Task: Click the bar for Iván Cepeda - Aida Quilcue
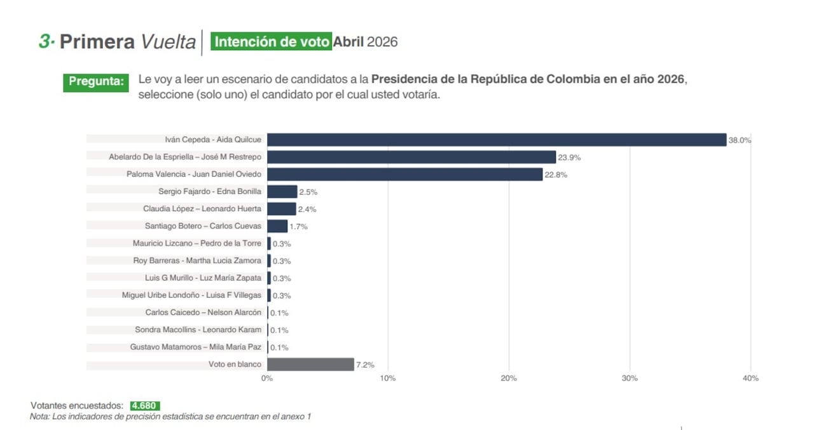496,140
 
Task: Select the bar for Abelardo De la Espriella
411,157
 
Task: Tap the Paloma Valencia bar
404,174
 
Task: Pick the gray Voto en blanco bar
310,364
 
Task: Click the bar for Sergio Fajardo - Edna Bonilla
282,191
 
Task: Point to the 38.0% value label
740,141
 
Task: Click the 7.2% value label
365,365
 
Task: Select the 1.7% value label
299,226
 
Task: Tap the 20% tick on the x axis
509,378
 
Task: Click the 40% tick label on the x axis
750,378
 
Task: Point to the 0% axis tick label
267,378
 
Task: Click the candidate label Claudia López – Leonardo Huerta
202,209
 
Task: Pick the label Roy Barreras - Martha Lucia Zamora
197,261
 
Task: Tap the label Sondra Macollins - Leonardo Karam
198,329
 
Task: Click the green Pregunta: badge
96,82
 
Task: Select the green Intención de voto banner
272,42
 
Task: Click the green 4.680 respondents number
144,406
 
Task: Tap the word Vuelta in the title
168,42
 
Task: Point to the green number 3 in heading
45,41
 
